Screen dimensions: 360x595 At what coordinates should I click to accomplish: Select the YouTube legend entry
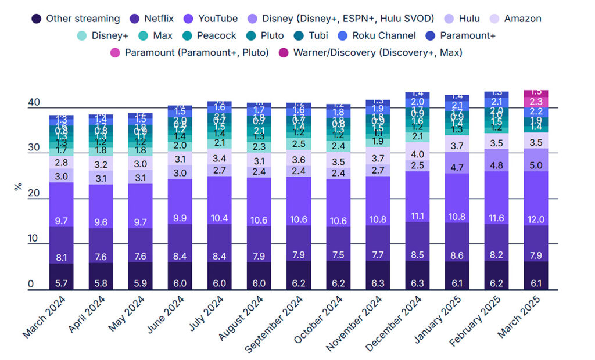(216, 19)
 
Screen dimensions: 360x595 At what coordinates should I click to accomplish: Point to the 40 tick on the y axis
(34, 103)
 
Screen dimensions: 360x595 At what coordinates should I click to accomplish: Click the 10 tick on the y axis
(34, 239)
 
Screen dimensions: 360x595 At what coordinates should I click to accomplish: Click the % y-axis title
(18, 187)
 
